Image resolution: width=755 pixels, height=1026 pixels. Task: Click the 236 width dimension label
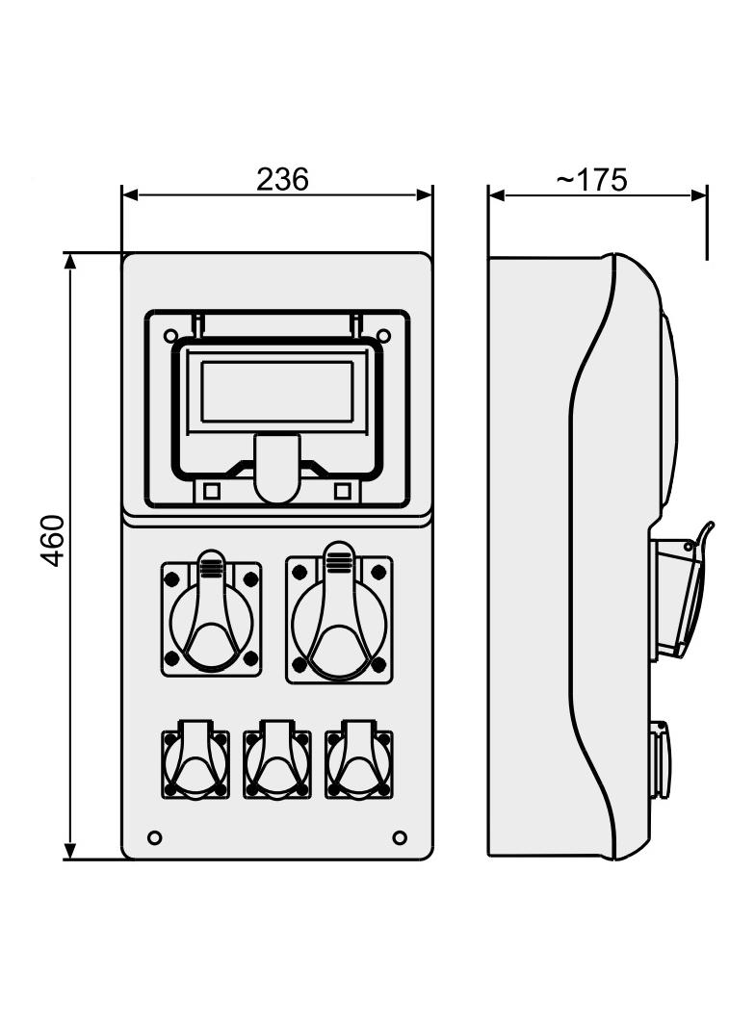pos(281,179)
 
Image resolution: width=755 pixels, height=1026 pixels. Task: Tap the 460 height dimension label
pos(53,541)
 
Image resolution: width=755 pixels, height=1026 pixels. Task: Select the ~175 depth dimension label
pos(592,180)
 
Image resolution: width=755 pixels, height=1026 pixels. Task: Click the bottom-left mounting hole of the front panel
pos(154,837)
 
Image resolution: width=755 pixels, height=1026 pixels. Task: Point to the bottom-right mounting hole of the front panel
pos(400,837)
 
